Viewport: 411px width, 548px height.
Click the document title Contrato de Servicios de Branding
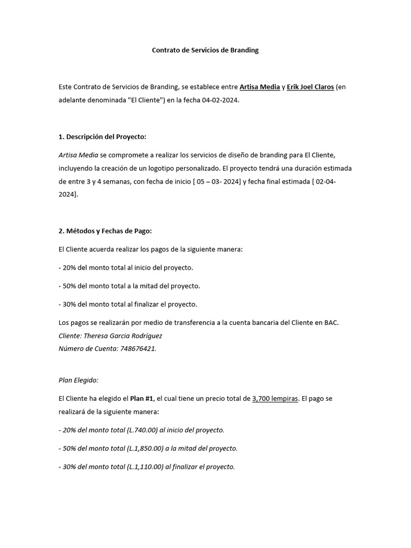pyautogui.click(x=205, y=50)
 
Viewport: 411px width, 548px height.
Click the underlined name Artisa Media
pyautogui.click(x=260, y=87)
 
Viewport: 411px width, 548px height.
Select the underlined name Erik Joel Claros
pyautogui.click(x=310, y=87)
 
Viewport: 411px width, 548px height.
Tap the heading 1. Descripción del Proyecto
pyautogui.click(x=102, y=137)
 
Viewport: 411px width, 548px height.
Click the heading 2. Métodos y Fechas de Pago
pyautogui.click(x=105, y=231)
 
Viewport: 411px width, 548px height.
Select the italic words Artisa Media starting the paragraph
pyautogui.click(x=77, y=155)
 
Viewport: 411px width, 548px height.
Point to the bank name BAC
pyautogui.click(x=330, y=323)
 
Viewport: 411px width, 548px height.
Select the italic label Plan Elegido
pyautogui.click(x=79, y=380)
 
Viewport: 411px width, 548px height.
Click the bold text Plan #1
pyautogui.click(x=142, y=399)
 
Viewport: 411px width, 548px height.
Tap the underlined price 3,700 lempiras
pyautogui.click(x=275, y=399)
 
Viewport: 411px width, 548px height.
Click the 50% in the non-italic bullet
pyautogui.click(x=69, y=286)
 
